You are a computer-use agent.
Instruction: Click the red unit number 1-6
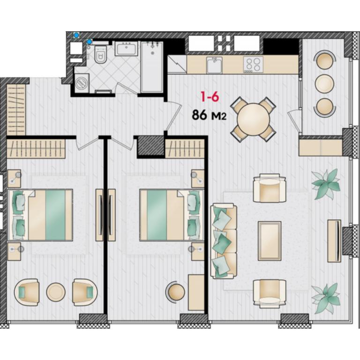pos(210,97)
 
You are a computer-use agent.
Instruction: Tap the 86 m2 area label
pos(209,115)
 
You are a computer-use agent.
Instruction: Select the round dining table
pos(253,120)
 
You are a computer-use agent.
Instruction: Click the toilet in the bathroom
pos(101,54)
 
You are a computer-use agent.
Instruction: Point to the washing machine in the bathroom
pos(82,83)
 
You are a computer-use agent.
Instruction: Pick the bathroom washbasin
pos(126,48)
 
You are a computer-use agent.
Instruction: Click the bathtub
pos(152,67)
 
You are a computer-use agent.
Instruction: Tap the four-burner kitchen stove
pos(253,65)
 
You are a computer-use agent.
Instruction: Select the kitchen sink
pos(214,65)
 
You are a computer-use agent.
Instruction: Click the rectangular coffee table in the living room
pos(270,241)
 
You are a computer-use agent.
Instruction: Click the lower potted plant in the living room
pos(326,298)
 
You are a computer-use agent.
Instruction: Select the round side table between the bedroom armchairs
pos(56,292)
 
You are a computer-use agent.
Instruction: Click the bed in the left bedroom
pos(40,215)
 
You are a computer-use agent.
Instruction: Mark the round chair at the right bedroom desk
pos(176,292)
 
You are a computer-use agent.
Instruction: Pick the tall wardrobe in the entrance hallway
pos(16,110)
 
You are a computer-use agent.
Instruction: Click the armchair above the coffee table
pos(270,188)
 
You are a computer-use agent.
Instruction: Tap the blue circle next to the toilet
pos(90,42)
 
